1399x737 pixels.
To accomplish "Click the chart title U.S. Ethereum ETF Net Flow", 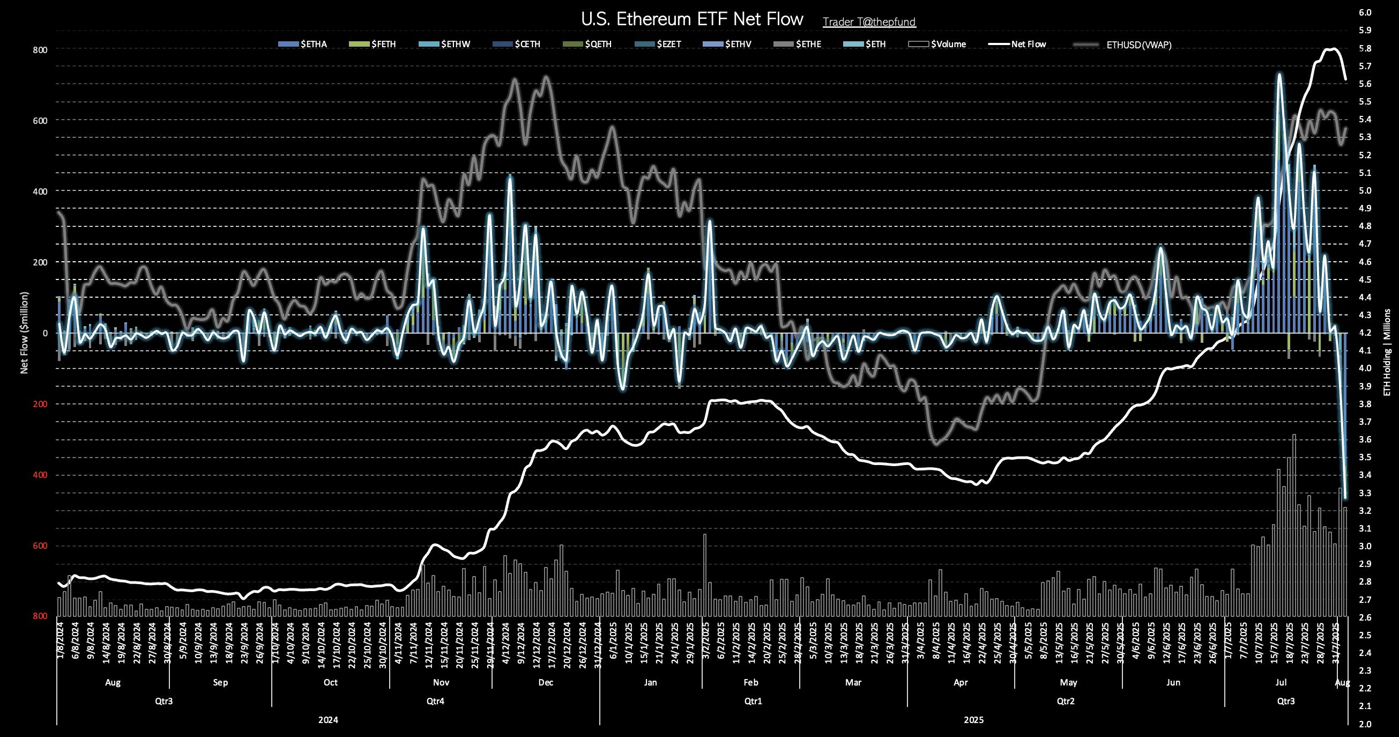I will click(x=692, y=19).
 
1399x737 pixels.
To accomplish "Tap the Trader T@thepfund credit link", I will click(x=869, y=23).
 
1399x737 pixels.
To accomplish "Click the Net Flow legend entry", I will click(x=1028, y=45).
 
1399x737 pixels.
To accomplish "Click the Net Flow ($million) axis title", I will click(x=24, y=333).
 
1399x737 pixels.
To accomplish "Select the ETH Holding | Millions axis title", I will click(x=1387, y=352).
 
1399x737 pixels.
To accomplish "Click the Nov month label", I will click(x=441, y=683).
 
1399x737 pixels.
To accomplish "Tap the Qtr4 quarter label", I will click(x=435, y=702).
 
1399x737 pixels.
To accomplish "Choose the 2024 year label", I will click(x=328, y=720).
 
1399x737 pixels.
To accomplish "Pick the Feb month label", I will click(x=750, y=683).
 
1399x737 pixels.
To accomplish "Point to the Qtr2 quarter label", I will click(x=1066, y=702).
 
